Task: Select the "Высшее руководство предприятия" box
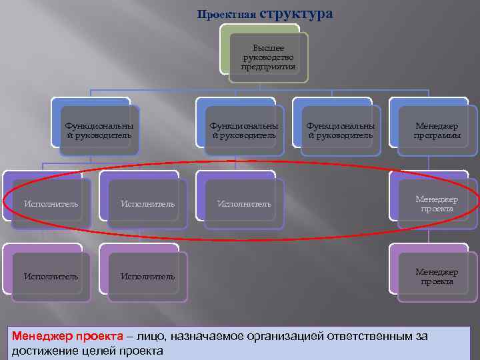[x=268, y=57]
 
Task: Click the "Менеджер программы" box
[x=437, y=131]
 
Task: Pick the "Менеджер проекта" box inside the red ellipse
[x=437, y=203]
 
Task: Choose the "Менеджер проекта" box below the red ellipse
[x=437, y=276]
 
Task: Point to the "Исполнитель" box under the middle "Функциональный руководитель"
[x=244, y=203]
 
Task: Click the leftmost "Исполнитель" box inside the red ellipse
[x=51, y=203]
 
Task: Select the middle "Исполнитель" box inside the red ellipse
[x=147, y=203]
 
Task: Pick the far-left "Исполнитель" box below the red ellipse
[x=51, y=275]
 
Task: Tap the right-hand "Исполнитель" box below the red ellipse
[x=147, y=275]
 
